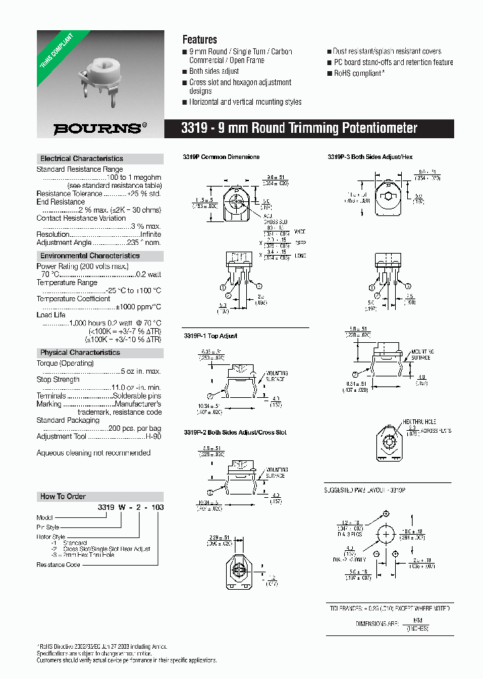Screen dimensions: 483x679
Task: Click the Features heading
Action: (199, 40)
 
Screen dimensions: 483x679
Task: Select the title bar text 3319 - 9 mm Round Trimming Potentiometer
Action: (300, 128)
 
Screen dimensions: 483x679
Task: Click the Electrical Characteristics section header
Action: (82, 159)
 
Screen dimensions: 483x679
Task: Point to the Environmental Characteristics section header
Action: (90, 256)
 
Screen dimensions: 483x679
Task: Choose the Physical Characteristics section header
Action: (80, 352)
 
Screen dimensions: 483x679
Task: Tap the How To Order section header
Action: (63, 497)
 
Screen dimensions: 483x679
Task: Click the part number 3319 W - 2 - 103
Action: (131, 508)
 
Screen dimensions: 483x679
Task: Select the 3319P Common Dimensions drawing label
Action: (221, 157)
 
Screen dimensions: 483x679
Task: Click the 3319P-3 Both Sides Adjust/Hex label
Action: (370, 157)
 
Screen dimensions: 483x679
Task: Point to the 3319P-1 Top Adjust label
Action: (210, 335)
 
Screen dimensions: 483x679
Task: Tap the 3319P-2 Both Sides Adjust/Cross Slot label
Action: (235, 433)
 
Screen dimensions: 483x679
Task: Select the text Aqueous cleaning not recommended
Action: (93, 453)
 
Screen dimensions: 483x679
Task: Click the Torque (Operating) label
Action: (64, 363)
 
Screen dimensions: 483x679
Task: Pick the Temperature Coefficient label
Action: (73, 299)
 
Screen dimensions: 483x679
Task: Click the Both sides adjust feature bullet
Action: (214, 71)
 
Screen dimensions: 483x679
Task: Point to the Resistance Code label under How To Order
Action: (58, 565)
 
